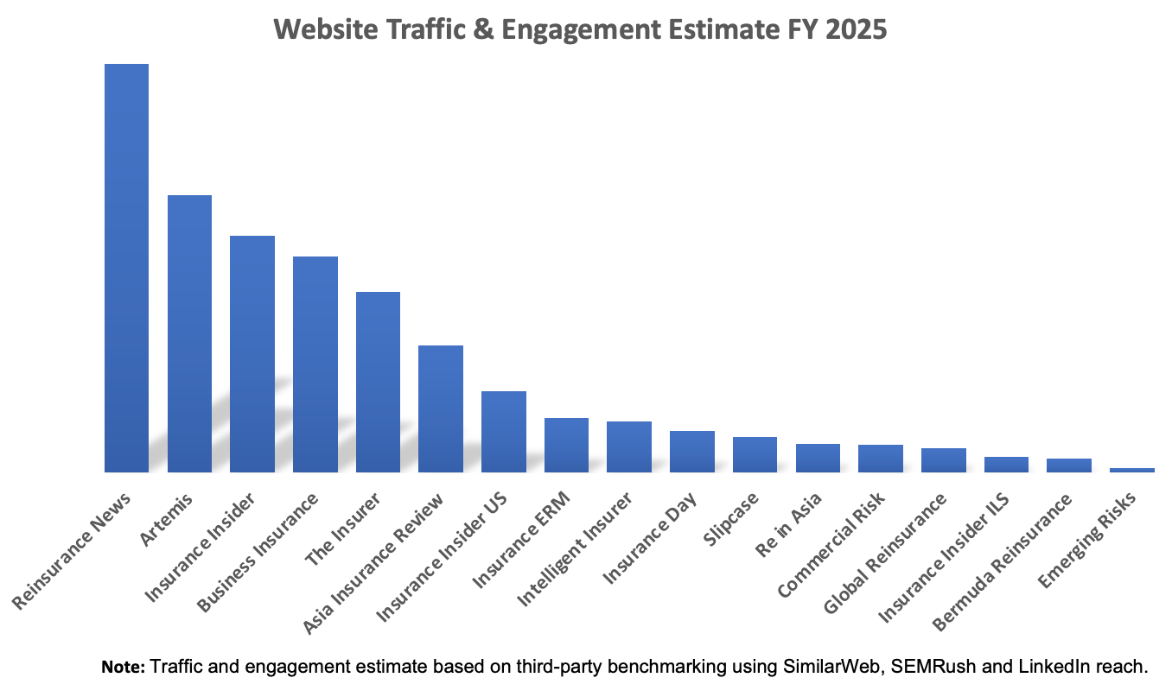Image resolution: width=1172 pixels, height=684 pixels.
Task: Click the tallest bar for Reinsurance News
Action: pos(126,268)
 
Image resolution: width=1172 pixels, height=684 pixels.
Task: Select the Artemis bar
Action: pos(189,333)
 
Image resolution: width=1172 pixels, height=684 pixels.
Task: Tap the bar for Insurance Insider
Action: pos(252,354)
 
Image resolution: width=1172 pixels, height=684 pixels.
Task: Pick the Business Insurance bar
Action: pos(315,364)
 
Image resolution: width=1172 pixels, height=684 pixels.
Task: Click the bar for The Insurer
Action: pos(379,382)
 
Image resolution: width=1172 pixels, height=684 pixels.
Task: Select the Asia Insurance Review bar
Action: pos(441,408)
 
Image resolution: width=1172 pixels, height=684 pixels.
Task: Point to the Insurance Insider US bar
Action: pos(504,432)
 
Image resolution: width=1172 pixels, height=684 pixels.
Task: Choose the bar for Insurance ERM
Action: pos(566,445)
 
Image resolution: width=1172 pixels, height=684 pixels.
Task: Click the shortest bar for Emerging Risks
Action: pos(1132,470)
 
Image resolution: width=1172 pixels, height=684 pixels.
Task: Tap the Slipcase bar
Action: pos(755,454)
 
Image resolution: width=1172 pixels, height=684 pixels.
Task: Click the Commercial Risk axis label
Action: pos(828,544)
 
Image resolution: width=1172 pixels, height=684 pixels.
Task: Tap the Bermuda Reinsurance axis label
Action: pos(1004,557)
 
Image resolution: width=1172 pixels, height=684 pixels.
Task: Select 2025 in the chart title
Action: pos(857,29)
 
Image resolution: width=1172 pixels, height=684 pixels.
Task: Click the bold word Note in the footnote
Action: pos(124,667)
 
